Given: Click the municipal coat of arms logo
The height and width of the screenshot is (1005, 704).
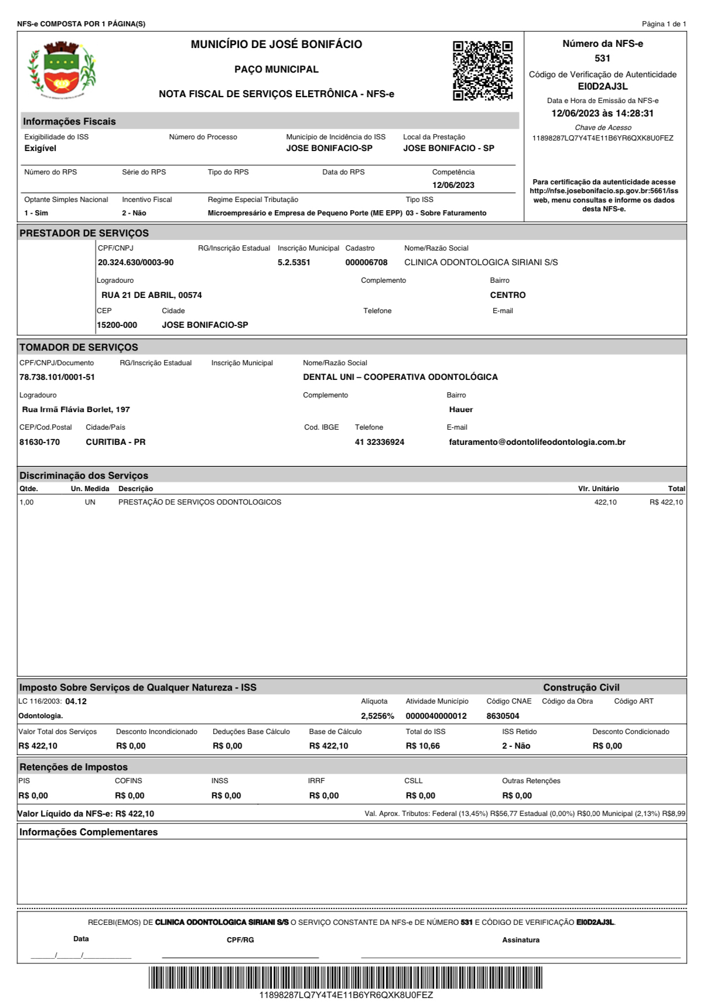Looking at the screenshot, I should coord(62,68).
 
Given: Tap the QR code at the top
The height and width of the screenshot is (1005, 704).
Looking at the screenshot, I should coord(483,71).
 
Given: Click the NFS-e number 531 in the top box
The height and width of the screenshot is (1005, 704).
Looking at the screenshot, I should coord(602,59).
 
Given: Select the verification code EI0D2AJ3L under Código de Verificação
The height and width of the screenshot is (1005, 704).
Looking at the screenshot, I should coord(603,87).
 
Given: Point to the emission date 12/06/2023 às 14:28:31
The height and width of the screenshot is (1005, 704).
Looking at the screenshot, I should coord(602,114).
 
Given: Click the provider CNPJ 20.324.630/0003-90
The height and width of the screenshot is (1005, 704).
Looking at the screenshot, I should coord(135,263).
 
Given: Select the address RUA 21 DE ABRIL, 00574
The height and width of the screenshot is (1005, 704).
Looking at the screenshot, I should coord(152,296).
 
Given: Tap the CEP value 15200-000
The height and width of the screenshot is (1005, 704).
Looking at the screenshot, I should coord(117,325).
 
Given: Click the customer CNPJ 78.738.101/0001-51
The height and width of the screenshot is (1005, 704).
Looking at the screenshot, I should coord(57,378).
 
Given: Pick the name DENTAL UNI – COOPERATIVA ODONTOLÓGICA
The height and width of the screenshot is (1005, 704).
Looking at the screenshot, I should coord(400,378).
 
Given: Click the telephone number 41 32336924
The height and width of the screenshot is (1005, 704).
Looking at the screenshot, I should coord(379,443).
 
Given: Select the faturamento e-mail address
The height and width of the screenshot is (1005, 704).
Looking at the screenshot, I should coord(537,443).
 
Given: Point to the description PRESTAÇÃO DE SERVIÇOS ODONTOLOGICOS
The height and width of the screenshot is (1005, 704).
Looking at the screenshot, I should coord(200,502).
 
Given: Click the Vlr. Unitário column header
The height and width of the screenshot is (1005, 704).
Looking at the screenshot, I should coord(598,489).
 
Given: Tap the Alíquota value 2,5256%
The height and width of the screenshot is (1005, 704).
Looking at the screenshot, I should coord(377,716).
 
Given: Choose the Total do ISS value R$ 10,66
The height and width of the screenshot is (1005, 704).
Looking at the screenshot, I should coord(422,746).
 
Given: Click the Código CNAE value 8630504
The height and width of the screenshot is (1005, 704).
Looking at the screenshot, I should coord(503,716).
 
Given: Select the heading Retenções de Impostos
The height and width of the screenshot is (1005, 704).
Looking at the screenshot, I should coord(73,767).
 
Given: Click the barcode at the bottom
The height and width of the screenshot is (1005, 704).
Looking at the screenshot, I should coord(346,977).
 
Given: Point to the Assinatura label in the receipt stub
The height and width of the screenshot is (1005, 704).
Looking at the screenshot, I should coord(521,940).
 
